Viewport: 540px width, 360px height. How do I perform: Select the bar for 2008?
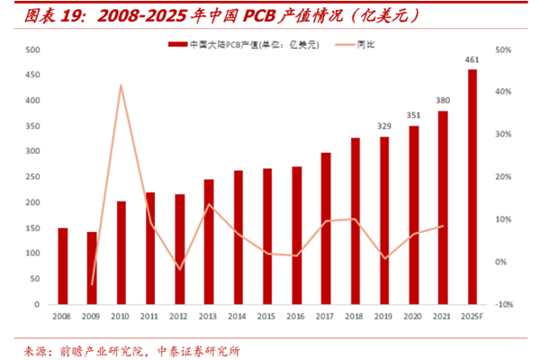click(62, 266)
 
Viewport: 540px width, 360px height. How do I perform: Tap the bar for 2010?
click(121, 253)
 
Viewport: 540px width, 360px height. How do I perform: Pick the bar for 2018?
click(355, 221)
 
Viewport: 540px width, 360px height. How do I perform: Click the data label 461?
click(472, 60)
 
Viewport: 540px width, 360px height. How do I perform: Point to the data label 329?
click(384, 127)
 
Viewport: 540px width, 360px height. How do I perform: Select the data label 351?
click(414, 115)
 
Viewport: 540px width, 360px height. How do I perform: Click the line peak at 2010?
click(121, 85)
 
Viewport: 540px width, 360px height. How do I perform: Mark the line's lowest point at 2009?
click(92, 284)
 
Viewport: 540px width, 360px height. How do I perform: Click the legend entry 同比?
click(356, 43)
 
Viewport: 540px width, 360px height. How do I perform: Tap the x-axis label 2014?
click(238, 317)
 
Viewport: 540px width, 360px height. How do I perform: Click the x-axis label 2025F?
click(472, 317)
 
